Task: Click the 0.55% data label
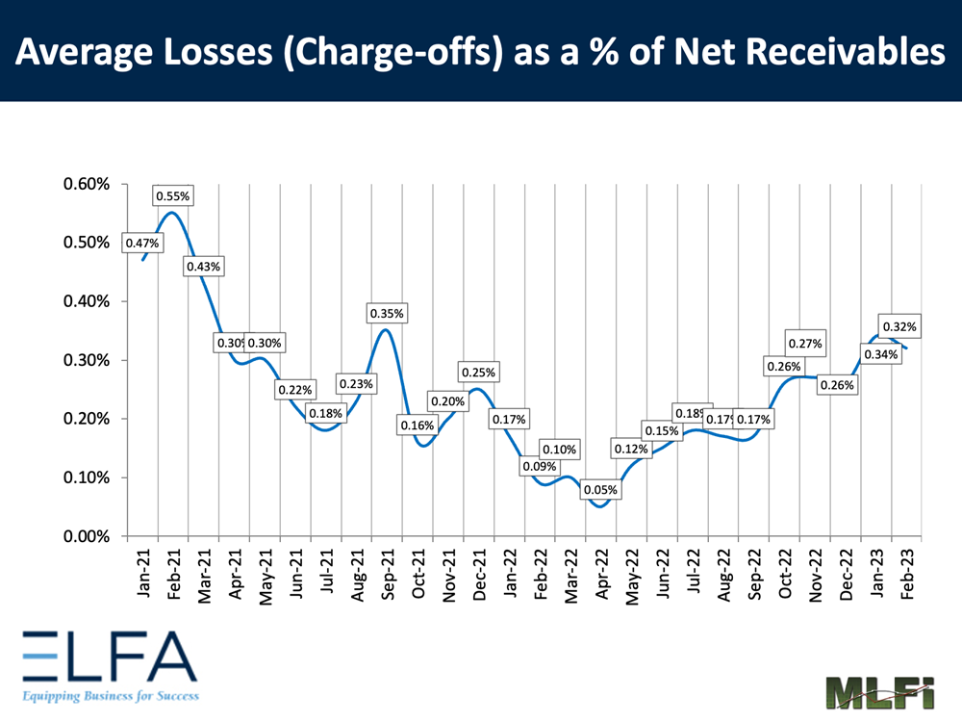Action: (x=173, y=196)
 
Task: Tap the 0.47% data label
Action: (x=142, y=244)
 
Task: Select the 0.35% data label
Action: (x=387, y=314)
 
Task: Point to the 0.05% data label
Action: (x=599, y=490)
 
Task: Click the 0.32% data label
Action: (x=899, y=325)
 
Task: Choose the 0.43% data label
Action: (x=203, y=266)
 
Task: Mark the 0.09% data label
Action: (x=540, y=467)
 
